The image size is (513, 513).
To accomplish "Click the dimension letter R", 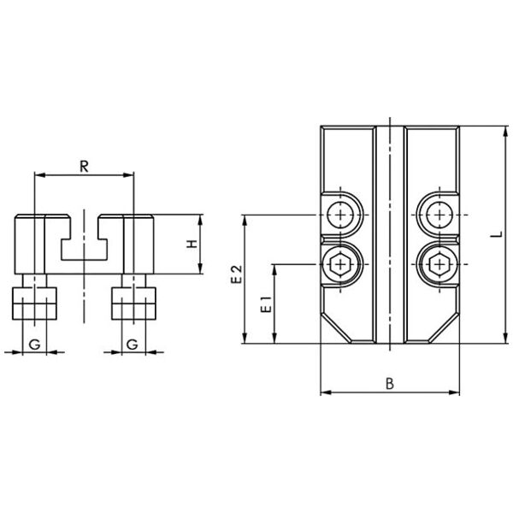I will coord(84,165).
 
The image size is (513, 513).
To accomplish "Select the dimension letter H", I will coord(192,245).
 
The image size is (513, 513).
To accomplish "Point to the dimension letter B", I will coord(389,384).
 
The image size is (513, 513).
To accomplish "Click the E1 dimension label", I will coord(265,304).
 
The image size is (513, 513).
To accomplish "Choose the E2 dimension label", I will coord(237,275).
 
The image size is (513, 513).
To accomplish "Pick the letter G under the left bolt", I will coord(33,343).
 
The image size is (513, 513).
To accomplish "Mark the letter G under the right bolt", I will coord(132,343).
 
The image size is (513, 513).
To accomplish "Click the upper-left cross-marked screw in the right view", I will coord(342,214).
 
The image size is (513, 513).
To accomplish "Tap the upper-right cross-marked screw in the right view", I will coord(439,214).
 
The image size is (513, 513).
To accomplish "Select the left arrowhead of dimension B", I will coord(324,393).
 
